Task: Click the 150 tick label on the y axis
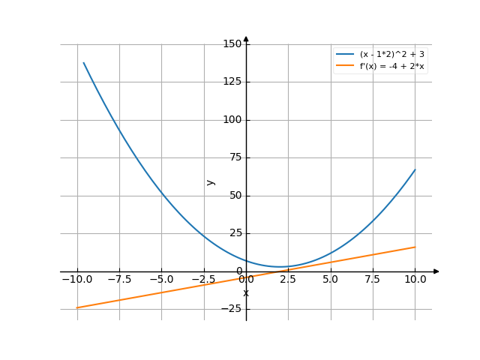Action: click(x=232, y=44)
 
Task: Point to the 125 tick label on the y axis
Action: click(x=232, y=82)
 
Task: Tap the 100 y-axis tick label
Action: click(x=232, y=120)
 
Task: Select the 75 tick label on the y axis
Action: click(x=235, y=157)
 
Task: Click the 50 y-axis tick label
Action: click(x=235, y=196)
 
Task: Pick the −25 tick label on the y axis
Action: click(x=232, y=309)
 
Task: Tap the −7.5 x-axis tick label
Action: click(x=118, y=280)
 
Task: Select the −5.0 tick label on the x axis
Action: click(x=160, y=280)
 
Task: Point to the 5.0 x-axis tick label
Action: click(x=331, y=280)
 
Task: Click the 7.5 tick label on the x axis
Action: click(x=373, y=280)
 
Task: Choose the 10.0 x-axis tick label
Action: click(x=415, y=280)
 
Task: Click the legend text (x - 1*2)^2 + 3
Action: click(x=392, y=55)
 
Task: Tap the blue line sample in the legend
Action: click(x=345, y=55)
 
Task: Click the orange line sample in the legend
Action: click(x=345, y=66)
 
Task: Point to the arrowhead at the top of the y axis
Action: click(x=246, y=38)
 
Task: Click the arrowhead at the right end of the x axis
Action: click(x=436, y=271)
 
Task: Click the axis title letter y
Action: click(x=211, y=182)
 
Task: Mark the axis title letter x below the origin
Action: click(x=246, y=293)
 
